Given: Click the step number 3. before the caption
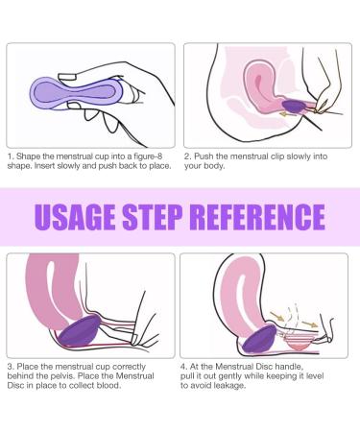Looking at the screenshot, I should click(11, 365).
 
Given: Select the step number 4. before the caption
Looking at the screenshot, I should click(188, 365).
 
